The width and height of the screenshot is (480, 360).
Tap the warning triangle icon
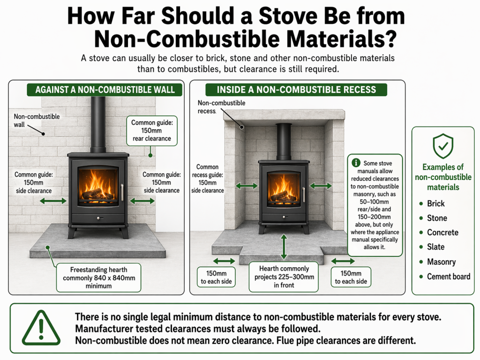click(41, 328)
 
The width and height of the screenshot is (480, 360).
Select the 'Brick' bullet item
click(435, 203)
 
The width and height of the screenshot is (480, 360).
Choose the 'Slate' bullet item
click(435, 247)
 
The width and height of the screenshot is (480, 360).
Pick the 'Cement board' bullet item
click(448, 276)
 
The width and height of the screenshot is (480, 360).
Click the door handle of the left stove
click(122, 192)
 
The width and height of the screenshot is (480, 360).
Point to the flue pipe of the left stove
click(98, 124)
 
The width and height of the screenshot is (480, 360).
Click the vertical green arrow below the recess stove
click(284, 247)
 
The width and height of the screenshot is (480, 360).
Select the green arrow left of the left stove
click(52, 201)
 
